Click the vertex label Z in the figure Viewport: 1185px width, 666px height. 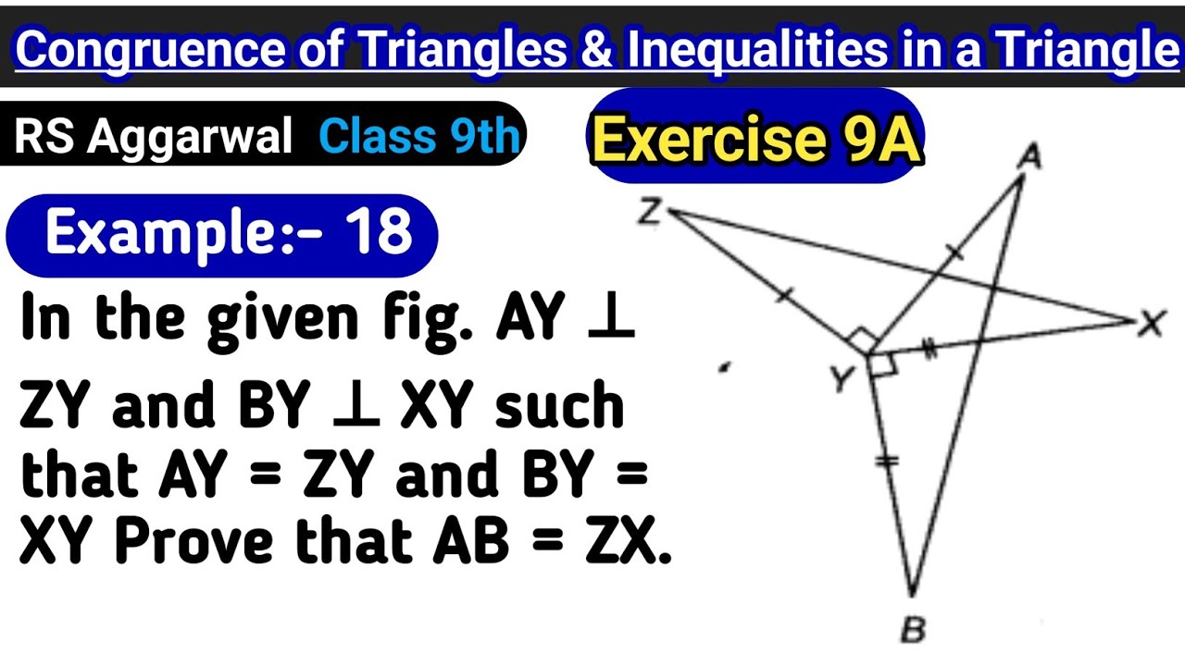pos(649,213)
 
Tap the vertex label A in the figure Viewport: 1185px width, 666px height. pos(1029,157)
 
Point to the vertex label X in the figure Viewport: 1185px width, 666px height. pos(1151,325)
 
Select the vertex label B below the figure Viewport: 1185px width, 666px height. pos(913,631)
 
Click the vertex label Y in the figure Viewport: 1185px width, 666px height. pos(842,377)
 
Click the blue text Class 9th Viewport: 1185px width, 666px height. pos(419,137)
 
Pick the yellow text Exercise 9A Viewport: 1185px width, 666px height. pos(756,141)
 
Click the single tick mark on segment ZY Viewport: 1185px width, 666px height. pos(784,295)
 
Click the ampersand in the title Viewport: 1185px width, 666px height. pos(595,51)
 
